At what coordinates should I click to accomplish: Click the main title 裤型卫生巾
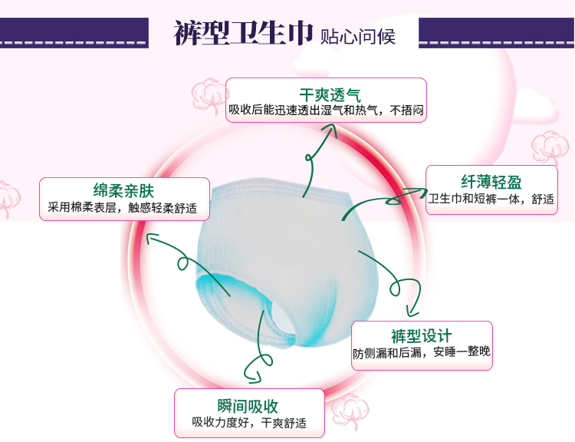(x=243, y=33)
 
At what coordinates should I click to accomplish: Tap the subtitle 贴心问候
(x=357, y=36)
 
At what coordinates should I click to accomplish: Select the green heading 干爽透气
(x=330, y=95)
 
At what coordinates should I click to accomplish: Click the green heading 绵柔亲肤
(x=123, y=190)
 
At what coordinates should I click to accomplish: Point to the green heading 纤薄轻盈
(x=491, y=182)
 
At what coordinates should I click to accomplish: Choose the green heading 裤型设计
(x=422, y=336)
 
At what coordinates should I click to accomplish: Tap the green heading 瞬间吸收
(x=248, y=406)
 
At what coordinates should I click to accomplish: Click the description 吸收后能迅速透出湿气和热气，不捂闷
(x=326, y=110)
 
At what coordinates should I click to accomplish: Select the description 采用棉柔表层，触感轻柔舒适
(x=122, y=208)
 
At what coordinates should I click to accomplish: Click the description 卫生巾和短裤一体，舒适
(x=491, y=199)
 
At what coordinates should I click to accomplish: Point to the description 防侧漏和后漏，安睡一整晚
(x=422, y=352)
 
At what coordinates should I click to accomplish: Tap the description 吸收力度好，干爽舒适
(x=249, y=423)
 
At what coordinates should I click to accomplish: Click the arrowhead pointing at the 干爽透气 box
(x=330, y=129)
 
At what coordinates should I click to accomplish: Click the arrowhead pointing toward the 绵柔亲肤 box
(x=151, y=238)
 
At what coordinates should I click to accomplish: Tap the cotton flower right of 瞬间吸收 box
(x=350, y=411)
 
